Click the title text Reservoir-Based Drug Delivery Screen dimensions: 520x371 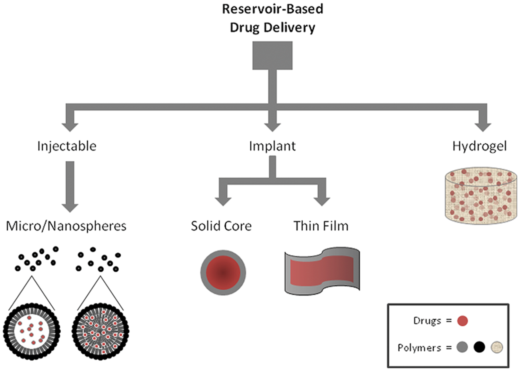coord(272,18)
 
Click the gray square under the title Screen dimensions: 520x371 coord(272,55)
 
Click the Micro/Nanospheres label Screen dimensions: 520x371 coord(66,226)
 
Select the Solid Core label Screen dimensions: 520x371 coord(221,226)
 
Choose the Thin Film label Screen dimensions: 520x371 coord(321,226)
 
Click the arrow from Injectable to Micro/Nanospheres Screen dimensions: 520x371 coord(70,187)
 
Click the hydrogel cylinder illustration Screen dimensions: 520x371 coord(481,196)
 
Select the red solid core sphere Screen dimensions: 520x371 coord(223,272)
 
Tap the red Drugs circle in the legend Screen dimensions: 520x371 coord(462,321)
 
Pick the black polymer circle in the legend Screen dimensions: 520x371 coord(479,347)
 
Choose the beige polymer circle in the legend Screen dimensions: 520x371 coord(497,347)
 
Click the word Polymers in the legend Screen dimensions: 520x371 coord(419,348)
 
